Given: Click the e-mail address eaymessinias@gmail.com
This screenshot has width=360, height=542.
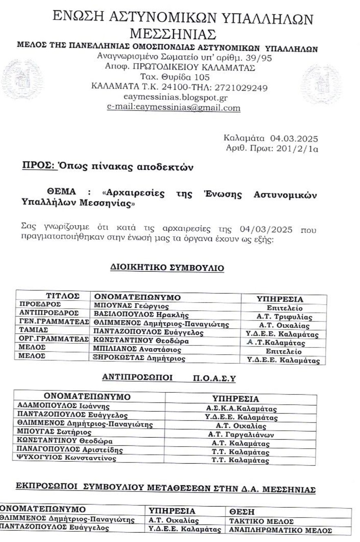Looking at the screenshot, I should click(173, 108).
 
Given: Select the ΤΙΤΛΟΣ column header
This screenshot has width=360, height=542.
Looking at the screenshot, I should click(62, 296).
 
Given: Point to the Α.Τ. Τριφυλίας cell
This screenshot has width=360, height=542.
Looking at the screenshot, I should click(284, 316).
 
